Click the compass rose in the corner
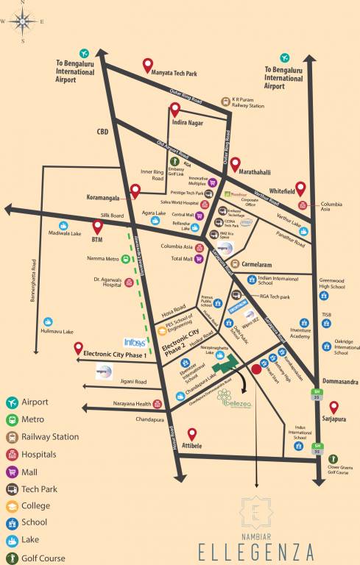(23, 21)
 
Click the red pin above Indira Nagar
(175, 110)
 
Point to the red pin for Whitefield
(300, 188)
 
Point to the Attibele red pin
(193, 434)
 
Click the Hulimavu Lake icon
(48, 321)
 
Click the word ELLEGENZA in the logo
(256, 550)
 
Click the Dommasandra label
(340, 382)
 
